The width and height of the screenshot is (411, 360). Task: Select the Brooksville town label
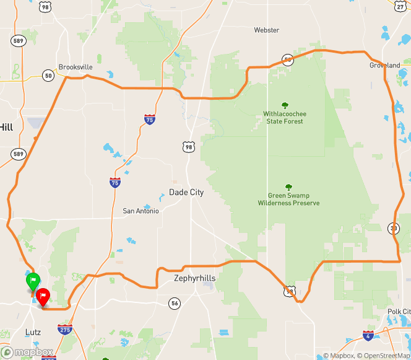75,67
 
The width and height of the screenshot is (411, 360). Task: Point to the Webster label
267,30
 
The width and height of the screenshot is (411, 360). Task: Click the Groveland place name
385,65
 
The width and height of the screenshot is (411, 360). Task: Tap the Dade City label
186,193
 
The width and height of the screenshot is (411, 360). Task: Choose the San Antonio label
141,211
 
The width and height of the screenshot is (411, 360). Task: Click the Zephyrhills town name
195,278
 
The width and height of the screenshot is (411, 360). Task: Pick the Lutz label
33,332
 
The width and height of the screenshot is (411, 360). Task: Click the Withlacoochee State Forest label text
285,118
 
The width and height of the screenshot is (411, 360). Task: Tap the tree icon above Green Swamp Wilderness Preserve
288,187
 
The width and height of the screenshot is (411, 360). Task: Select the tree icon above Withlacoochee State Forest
285,105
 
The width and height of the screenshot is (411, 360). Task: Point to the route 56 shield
175,303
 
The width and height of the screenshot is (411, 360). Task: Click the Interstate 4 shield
368,336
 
